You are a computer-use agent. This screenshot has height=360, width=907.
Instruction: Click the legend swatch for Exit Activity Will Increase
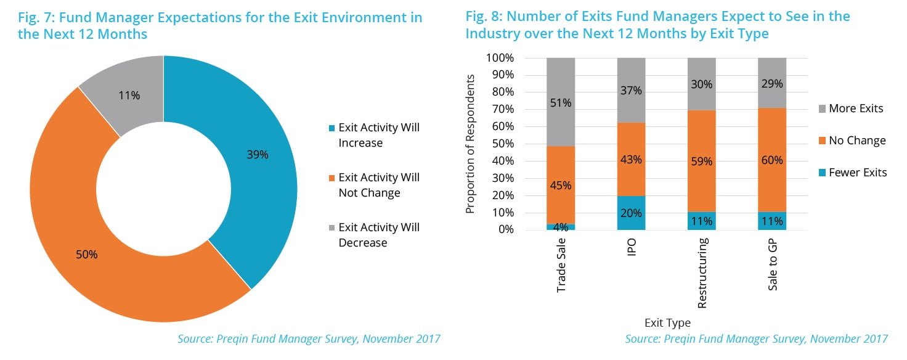pos(331,128)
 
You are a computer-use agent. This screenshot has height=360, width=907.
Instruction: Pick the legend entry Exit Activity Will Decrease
pos(379,235)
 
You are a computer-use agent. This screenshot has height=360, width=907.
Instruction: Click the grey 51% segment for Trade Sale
pos(561,102)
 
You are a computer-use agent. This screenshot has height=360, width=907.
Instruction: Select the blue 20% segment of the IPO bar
pos(632,213)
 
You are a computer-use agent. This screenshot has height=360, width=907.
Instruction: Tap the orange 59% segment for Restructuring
pos(702,162)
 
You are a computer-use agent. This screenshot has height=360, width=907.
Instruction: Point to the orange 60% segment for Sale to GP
pos(772,160)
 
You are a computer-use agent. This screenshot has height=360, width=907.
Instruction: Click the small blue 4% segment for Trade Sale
pos(561,227)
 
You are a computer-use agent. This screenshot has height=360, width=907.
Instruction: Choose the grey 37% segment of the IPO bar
pos(632,90)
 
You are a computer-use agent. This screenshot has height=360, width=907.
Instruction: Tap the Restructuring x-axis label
pos(702,272)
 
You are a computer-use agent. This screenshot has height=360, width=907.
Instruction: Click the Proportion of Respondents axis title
pos(471,144)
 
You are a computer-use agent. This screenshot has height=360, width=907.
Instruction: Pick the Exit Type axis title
pos(667,323)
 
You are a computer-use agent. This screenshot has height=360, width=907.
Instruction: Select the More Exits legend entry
pos(855,108)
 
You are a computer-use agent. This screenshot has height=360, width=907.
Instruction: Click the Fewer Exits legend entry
pos(857,173)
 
